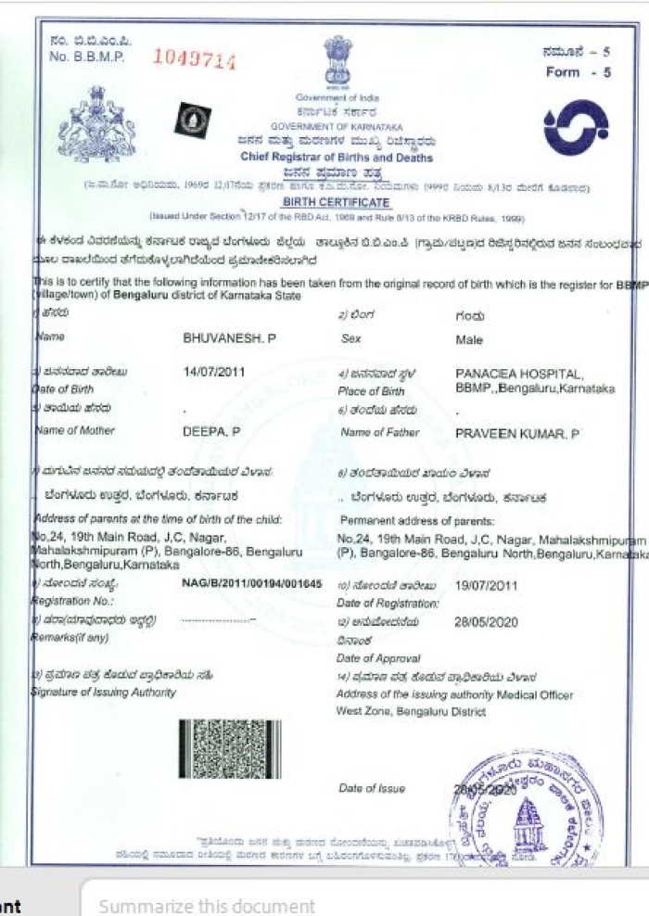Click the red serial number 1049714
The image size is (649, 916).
pyautogui.click(x=194, y=60)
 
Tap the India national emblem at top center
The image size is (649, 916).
pyautogui.click(x=337, y=61)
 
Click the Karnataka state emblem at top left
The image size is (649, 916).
pyautogui.click(x=96, y=122)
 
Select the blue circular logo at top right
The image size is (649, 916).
pyautogui.click(x=576, y=127)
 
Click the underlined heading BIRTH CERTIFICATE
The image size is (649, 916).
pyautogui.click(x=337, y=202)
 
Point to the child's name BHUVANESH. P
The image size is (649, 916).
pyautogui.click(x=230, y=339)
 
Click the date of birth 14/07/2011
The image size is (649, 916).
pyautogui.click(x=213, y=372)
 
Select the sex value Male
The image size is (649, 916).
pyautogui.click(x=469, y=340)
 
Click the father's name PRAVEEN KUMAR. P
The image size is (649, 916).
pyautogui.click(x=517, y=432)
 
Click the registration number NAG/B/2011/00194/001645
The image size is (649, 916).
pyautogui.click(x=251, y=585)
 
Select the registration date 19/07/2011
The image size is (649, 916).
pyautogui.click(x=487, y=586)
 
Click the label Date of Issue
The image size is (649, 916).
pyautogui.click(x=372, y=789)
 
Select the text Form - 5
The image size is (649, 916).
pyautogui.click(x=578, y=71)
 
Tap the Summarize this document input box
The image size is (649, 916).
pyautogui.click(x=362, y=906)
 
